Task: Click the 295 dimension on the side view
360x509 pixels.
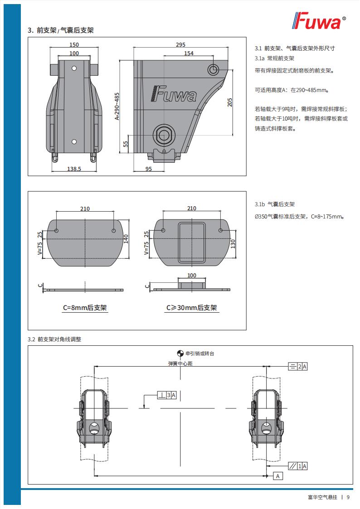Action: pyautogui.click(x=180, y=45)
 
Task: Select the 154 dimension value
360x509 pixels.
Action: pyautogui.click(x=189, y=53)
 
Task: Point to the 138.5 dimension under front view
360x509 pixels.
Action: pyautogui.click(x=74, y=169)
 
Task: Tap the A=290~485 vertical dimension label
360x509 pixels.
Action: pyautogui.click(x=117, y=106)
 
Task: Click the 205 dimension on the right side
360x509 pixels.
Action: pyautogui.click(x=229, y=102)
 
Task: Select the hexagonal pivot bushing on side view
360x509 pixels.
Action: pyautogui.click(x=163, y=134)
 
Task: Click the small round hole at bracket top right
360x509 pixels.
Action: pyautogui.click(x=213, y=69)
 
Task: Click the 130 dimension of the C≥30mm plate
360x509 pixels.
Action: pyautogui.click(x=233, y=243)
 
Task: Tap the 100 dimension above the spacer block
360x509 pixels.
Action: pyautogui.click(x=192, y=276)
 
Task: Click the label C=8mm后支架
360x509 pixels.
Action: pyautogui.click(x=85, y=308)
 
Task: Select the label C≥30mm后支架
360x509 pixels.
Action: pyautogui.click(x=191, y=308)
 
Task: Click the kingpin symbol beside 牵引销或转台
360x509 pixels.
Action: pyautogui.click(x=180, y=354)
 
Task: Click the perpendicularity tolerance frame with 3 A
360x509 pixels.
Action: pyautogui.click(x=166, y=395)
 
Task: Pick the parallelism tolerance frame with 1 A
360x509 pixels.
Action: pyautogui.click(x=298, y=465)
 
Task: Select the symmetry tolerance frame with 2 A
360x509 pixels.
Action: pyautogui.click(x=298, y=366)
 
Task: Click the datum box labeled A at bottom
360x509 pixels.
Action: pyautogui.click(x=278, y=476)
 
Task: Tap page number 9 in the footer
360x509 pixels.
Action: pyautogui.click(x=348, y=497)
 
